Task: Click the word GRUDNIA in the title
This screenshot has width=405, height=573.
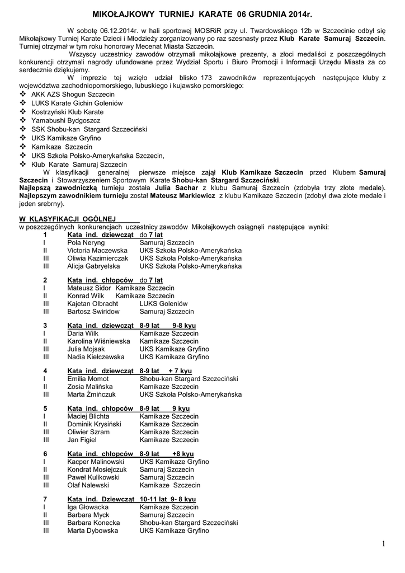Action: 261,12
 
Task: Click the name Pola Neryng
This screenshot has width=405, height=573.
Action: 86,243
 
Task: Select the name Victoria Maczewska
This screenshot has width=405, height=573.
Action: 97,251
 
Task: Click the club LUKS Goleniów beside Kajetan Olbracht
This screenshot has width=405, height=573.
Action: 163,303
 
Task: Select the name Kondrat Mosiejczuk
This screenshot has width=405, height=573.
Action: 97,469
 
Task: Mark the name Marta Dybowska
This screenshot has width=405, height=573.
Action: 92,530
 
